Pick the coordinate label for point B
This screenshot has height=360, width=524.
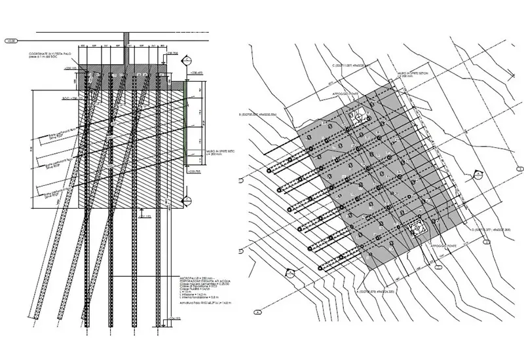pos(263,116)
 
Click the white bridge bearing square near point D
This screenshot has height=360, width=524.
pos(415,227)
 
